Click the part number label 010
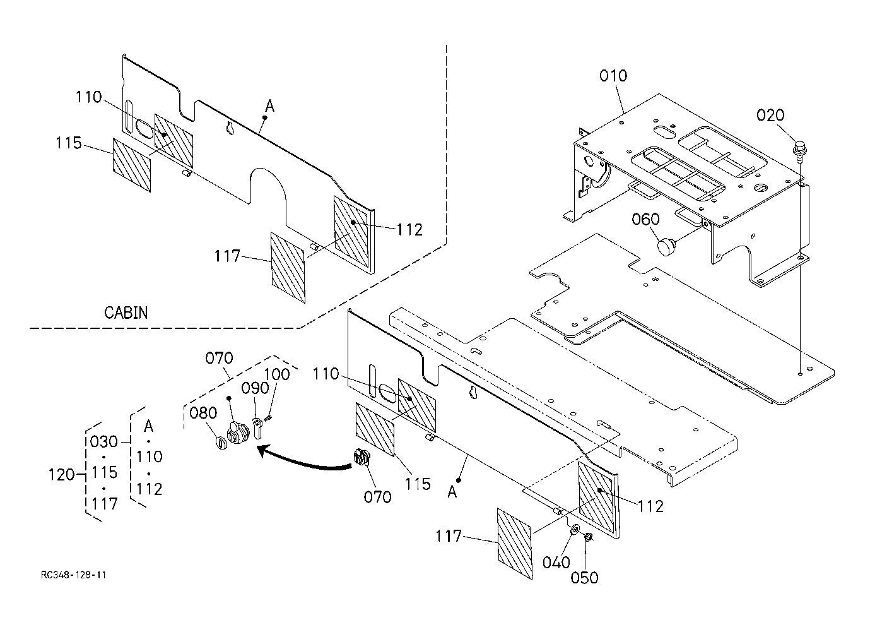[x=613, y=76]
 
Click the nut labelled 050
[x=588, y=537]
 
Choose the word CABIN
[x=126, y=313]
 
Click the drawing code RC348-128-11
[x=73, y=575]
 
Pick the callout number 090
[x=255, y=388]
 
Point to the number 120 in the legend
[x=61, y=475]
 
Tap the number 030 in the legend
[x=103, y=441]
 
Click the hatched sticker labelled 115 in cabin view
[x=132, y=165]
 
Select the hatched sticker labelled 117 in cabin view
[x=288, y=268]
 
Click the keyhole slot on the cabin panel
[x=231, y=128]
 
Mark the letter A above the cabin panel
[x=269, y=105]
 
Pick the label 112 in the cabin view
[x=409, y=230]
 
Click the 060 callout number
[x=645, y=219]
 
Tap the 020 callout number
[x=770, y=115]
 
